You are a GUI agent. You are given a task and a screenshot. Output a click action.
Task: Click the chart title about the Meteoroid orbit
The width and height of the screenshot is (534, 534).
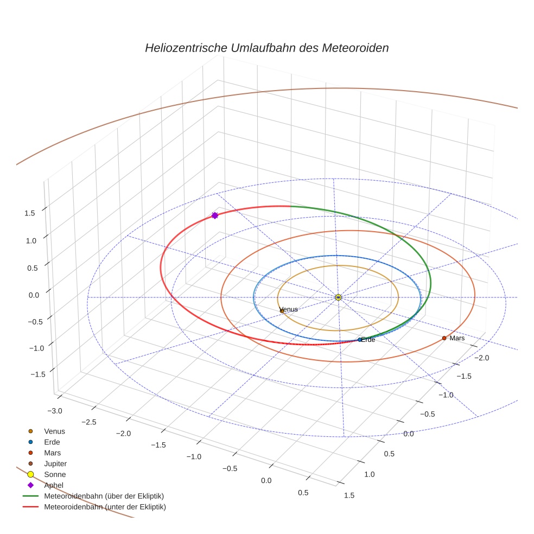(266, 48)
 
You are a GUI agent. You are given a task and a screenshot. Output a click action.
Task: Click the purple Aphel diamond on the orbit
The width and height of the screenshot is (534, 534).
(215, 215)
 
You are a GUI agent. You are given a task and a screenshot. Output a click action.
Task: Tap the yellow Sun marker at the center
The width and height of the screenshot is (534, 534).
(338, 297)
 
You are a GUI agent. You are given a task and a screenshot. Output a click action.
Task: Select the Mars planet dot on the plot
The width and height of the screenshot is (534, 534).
(444, 338)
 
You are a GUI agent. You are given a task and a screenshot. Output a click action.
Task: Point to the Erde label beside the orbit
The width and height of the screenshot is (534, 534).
(368, 340)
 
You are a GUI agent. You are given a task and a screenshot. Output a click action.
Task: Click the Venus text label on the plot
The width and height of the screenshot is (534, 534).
(289, 309)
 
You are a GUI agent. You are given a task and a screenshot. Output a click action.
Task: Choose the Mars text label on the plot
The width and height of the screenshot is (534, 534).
(457, 338)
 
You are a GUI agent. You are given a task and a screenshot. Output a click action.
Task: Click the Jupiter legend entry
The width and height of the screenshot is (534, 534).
(55, 463)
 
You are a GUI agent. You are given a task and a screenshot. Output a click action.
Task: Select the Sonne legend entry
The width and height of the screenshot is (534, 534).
(55, 474)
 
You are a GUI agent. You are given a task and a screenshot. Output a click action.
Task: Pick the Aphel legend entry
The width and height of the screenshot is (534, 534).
(54, 485)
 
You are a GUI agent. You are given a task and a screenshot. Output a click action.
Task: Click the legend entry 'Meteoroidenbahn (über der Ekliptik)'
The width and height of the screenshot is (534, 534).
(104, 496)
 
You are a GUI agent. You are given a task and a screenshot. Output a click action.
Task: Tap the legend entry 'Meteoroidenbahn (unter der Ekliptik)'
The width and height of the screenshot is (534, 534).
(105, 507)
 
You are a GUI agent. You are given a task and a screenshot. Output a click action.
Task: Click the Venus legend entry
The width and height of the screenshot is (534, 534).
(54, 431)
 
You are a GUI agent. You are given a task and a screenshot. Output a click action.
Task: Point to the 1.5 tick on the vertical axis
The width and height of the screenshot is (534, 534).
(30, 213)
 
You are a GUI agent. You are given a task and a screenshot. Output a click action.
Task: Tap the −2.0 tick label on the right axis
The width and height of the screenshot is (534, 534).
(482, 358)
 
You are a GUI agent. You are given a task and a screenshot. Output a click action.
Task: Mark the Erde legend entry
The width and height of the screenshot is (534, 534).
(53, 442)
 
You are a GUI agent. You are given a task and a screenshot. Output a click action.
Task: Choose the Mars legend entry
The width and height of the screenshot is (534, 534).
(53, 453)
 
